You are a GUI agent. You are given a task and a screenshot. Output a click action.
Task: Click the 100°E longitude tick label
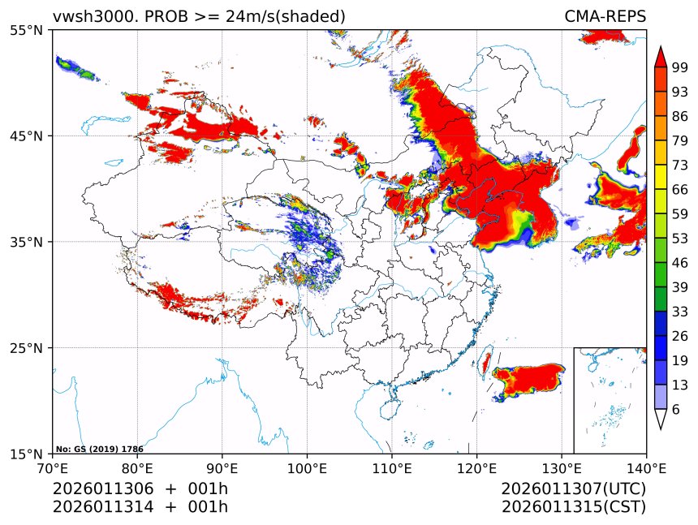click(307, 468)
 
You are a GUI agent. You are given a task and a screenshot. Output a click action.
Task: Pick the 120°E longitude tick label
click(476, 468)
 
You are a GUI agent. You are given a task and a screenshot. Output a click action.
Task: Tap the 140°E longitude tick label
click(646, 468)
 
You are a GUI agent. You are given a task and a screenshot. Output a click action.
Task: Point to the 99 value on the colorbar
click(680, 68)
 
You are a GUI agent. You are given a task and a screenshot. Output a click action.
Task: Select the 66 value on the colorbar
click(680, 190)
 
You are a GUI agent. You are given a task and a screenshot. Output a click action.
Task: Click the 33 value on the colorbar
click(680, 312)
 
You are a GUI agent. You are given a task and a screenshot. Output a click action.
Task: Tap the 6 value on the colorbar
click(676, 410)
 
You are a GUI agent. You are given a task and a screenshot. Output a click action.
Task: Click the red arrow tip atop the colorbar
click(661, 57)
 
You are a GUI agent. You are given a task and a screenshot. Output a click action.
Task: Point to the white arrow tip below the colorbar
click(661, 419)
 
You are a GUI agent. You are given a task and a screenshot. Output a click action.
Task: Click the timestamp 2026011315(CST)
click(574, 507)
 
